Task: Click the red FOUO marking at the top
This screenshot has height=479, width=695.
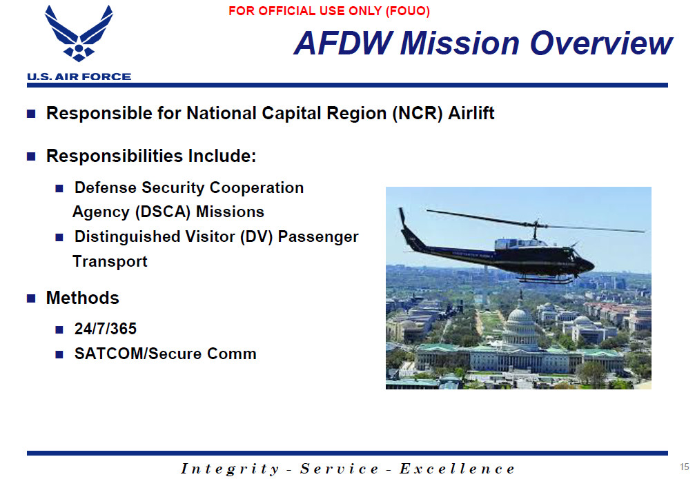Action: (x=329, y=11)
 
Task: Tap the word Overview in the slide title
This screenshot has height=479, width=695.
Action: (x=601, y=43)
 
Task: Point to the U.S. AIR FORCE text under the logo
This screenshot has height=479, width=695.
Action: (x=79, y=77)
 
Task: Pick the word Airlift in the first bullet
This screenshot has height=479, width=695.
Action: (x=471, y=113)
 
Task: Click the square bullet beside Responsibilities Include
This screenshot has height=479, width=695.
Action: (x=31, y=156)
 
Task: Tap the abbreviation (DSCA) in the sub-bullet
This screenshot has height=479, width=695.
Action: (x=163, y=212)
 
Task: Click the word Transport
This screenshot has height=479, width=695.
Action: (x=110, y=261)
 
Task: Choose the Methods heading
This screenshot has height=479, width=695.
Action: (x=82, y=298)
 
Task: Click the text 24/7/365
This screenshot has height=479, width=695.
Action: (x=106, y=329)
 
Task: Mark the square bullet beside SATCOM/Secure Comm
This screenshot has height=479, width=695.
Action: (x=59, y=354)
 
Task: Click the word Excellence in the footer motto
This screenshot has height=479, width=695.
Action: (x=457, y=469)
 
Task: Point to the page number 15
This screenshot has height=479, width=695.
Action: (x=685, y=467)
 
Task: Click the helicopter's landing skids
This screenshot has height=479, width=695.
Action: (x=545, y=279)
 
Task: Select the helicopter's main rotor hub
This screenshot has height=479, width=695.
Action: (x=536, y=223)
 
